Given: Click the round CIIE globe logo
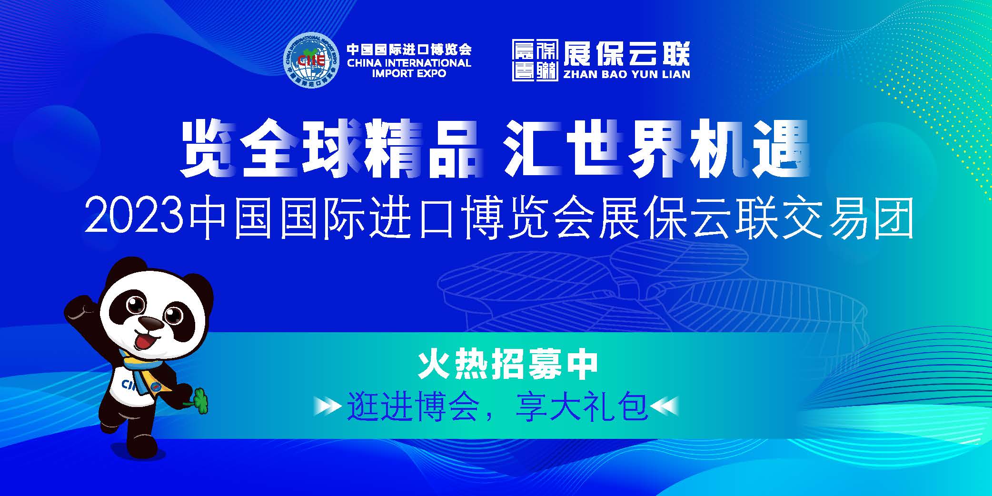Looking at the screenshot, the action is (x=312, y=60).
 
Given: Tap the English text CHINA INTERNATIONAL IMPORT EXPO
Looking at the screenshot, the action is (x=409, y=68).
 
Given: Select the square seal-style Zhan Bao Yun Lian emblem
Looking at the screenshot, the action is (x=535, y=60).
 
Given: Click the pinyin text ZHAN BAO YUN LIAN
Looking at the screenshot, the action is (x=626, y=74).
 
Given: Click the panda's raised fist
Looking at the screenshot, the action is (x=79, y=309).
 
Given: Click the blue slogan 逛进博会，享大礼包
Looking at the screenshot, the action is (x=498, y=407).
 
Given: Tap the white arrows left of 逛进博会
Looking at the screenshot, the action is (x=327, y=407).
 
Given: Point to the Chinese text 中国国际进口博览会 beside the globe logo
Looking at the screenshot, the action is (x=409, y=49).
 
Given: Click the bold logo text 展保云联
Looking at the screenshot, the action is (x=626, y=53).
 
